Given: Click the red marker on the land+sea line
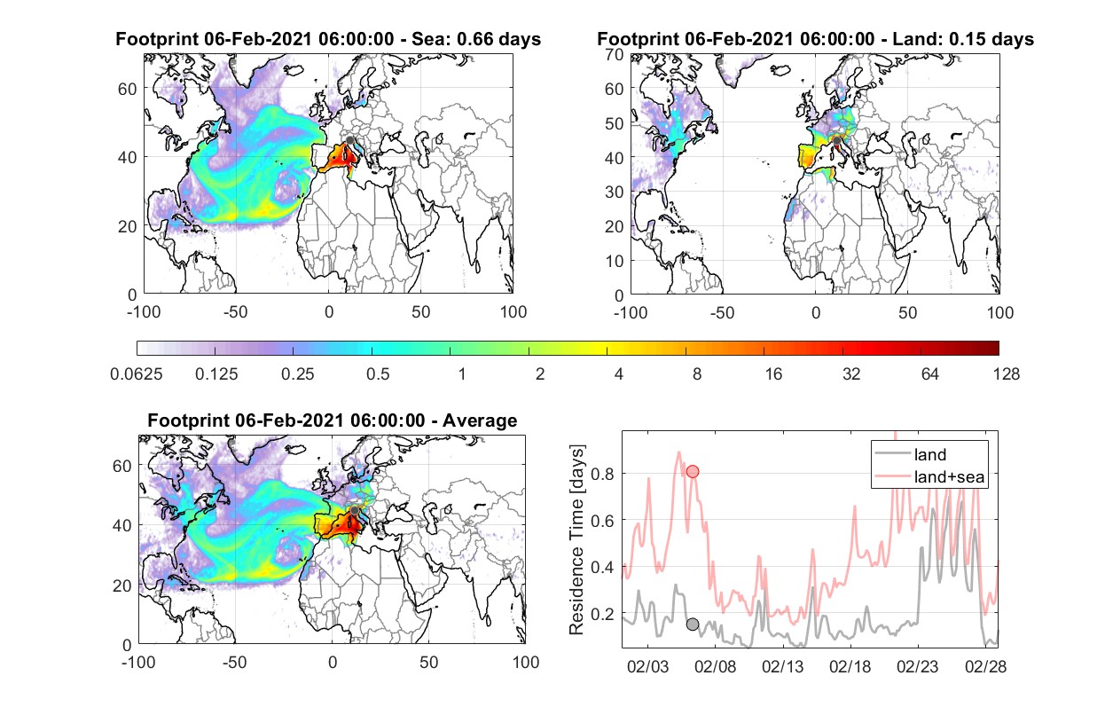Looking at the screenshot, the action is click(693, 472).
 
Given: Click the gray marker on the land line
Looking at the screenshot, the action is click(693, 625).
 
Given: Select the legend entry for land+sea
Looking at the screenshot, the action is click(929, 476).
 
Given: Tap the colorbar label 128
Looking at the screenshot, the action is click(1006, 374).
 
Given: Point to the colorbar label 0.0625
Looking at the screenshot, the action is click(137, 374).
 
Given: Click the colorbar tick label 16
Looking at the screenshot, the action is click(773, 374).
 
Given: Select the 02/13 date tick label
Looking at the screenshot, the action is click(782, 666).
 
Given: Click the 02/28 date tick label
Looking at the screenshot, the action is click(985, 666).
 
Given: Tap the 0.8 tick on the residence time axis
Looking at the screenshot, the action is click(602, 474).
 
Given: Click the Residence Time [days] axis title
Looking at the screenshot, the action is click(576, 540).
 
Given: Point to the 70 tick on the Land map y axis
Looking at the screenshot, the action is click(615, 54).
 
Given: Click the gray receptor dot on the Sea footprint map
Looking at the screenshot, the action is click(349, 140).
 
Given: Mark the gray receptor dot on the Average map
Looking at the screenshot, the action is click(355, 510).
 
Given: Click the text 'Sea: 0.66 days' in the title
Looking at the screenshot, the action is click(476, 39).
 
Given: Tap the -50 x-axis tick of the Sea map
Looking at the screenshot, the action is click(235, 312).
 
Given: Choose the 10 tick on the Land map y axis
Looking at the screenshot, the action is click(615, 261).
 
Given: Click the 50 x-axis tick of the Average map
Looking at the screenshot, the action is click(428, 662).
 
